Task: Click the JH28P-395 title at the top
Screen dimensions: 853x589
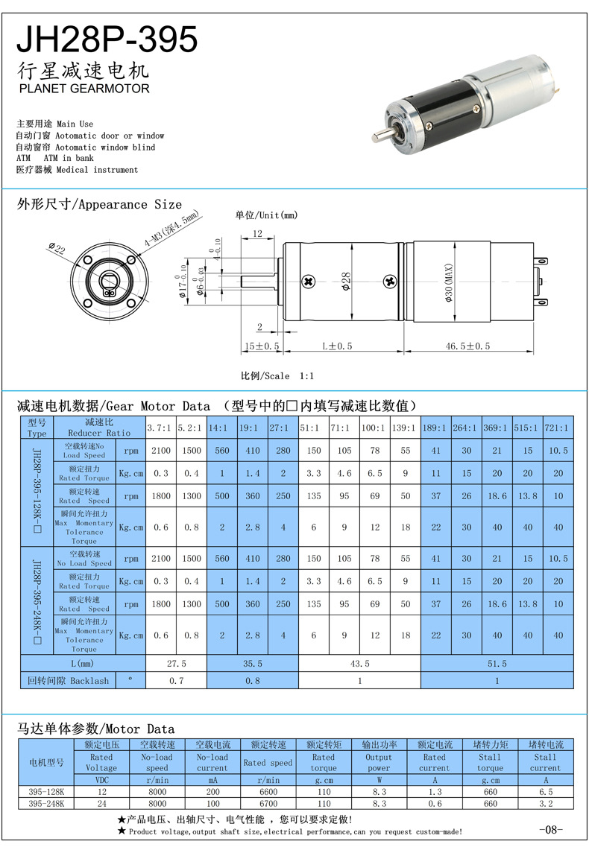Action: [x=107, y=39]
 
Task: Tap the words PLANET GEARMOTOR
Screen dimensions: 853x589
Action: [x=83, y=89]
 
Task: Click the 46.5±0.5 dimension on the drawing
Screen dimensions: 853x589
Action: [x=467, y=346]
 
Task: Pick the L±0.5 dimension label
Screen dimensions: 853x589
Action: [x=336, y=346]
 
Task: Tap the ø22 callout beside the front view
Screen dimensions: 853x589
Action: [x=57, y=248]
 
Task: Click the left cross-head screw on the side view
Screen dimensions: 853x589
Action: [x=309, y=282]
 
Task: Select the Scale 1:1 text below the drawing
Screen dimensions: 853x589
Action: [x=277, y=375]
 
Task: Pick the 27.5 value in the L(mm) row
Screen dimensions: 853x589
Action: [x=176, y=663]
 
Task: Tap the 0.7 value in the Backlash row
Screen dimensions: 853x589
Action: [x=176, y=681]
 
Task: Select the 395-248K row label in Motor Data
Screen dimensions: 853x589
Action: [x=46, y=804]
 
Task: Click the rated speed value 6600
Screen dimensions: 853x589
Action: [x=268, y=793]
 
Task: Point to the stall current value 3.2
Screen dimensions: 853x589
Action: [x=545, y=804]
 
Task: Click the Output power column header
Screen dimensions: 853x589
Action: [x=378, y=762]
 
